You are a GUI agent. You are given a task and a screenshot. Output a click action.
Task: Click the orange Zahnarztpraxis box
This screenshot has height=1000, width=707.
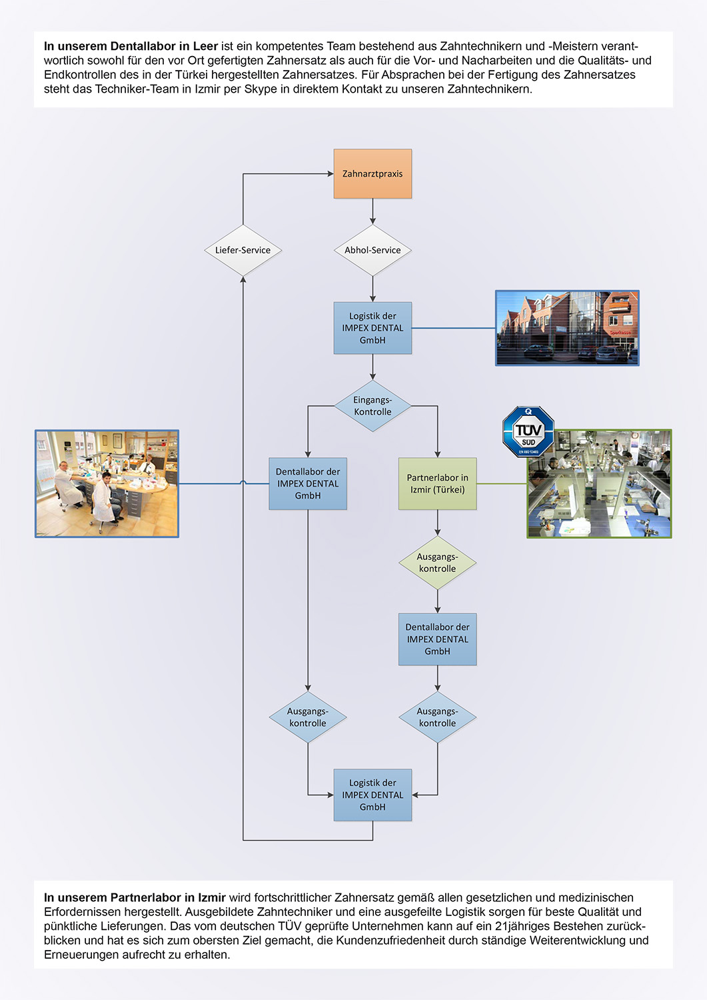[x=372, y=173]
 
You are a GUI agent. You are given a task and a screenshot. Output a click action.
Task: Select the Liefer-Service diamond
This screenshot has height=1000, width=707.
[x=243, y=250]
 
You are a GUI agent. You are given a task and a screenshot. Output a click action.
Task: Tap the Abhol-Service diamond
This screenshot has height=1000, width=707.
[x=372, y=250]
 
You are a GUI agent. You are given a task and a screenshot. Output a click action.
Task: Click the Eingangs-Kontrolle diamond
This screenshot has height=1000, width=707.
[x=372, y=405]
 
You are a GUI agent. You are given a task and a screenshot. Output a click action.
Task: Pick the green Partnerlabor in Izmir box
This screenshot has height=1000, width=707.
[x=437, y=483]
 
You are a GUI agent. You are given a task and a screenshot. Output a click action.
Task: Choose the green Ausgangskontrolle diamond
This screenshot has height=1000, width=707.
[x=437, y=563]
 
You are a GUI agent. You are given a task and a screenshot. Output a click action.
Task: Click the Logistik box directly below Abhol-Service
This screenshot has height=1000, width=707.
[x=372, y=328]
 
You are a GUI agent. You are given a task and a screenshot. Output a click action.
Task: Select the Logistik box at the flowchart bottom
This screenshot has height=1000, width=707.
[x=372, y=795]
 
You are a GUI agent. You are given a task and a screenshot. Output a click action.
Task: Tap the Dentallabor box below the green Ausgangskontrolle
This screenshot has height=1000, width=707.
[x=437, y=639]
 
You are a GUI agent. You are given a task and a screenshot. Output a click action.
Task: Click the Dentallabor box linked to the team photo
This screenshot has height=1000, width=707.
[x=308, y=483]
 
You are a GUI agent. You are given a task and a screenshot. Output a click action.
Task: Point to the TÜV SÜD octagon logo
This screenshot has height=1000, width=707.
[x=528, y=431]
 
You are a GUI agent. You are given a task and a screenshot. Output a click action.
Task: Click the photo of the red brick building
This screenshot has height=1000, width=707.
[x=567, y=328]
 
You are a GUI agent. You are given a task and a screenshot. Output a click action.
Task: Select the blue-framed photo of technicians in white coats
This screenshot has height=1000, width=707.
[x=107, y=483]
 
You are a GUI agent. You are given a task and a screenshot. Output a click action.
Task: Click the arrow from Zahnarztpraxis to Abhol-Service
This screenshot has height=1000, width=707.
[x=372, y=211]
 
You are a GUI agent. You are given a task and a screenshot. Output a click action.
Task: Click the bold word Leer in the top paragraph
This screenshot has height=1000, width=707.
[x=205, y=46]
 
